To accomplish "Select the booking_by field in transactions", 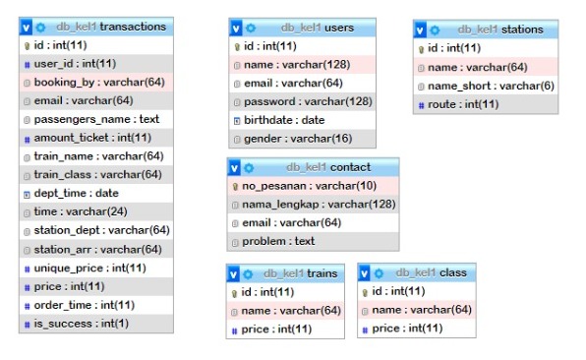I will point(99,82).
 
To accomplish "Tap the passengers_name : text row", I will point(96,119).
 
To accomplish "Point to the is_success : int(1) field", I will point(81,324).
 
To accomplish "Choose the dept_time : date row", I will point(77,194).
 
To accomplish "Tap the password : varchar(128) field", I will point(307,101).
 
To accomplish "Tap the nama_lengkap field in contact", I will point(319,204).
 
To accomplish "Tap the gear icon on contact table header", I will point(249,167).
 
